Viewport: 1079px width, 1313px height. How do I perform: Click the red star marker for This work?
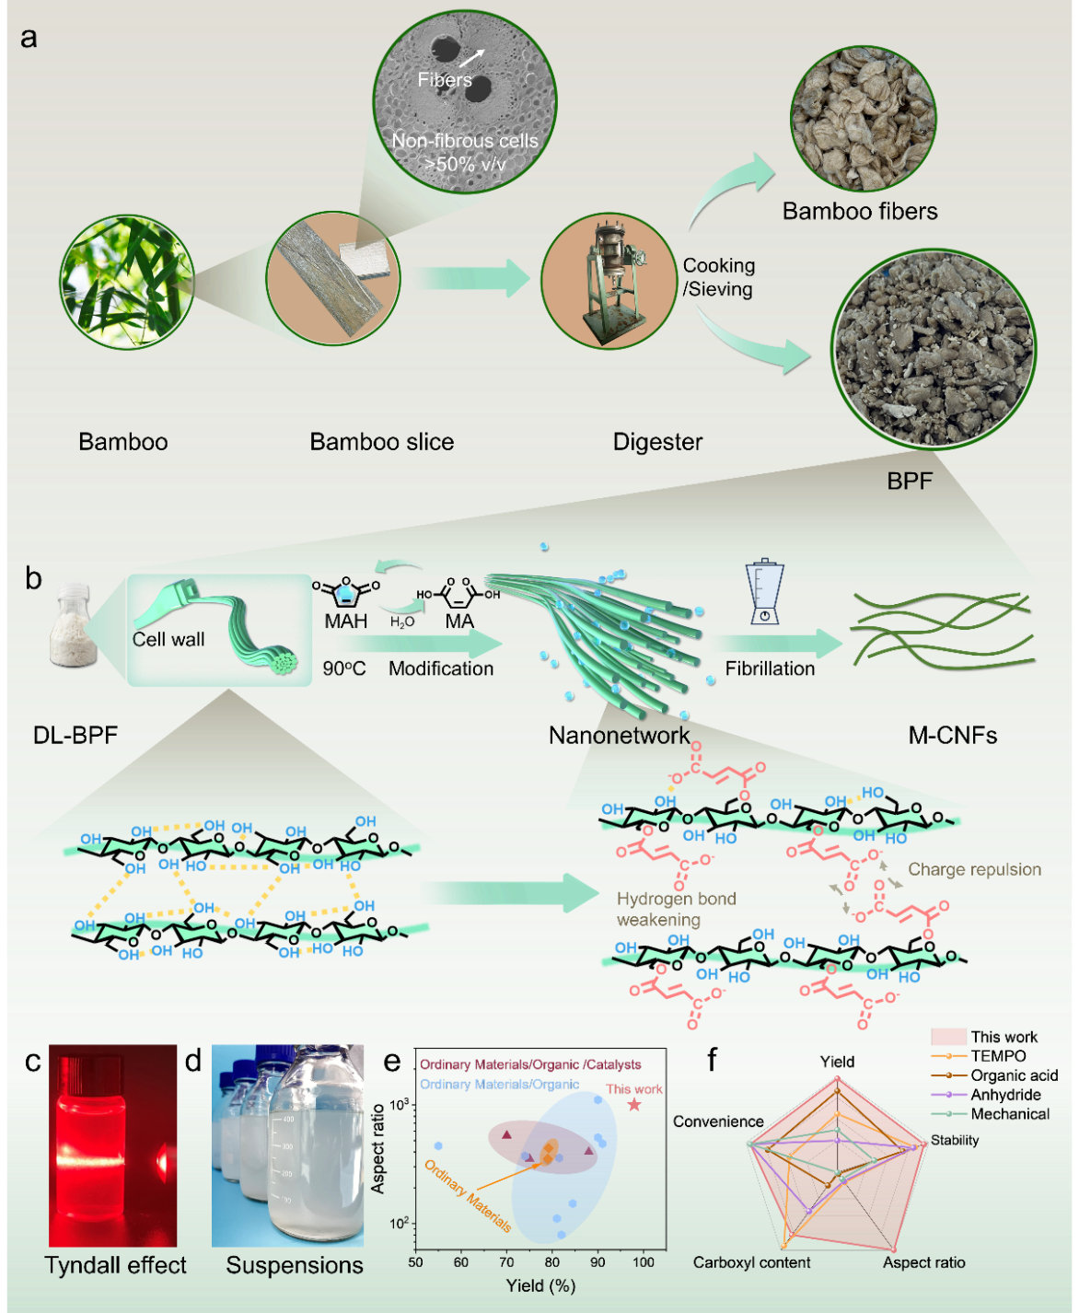pos(634,1104)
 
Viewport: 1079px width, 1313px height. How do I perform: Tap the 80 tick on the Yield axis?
pos(552,1262)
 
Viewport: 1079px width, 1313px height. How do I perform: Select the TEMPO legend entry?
pos(998,1056)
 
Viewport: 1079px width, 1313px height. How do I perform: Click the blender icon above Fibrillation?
pos(764,592)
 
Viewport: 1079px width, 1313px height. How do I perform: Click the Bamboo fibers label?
pos(860,212)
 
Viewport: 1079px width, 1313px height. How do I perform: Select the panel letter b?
pos(34,578)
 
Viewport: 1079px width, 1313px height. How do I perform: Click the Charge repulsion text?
pos(974,869)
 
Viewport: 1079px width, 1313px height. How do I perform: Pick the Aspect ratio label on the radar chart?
pos(923,1262)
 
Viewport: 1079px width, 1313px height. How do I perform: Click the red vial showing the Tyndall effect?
pos(112,1145)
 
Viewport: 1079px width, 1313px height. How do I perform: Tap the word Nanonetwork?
pos(619,735)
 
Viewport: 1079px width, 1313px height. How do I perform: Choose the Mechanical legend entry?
pos(1010,1114)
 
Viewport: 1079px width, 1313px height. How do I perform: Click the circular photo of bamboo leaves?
pos(127,282)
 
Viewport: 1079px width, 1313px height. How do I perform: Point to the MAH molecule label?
pos(345,622)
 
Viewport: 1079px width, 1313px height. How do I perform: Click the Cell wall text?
pos(168,639)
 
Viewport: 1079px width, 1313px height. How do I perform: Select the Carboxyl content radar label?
pos(751,1262)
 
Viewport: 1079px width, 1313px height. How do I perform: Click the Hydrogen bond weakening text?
pos(676,909)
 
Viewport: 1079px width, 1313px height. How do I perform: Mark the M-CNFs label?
pos(953,735)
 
